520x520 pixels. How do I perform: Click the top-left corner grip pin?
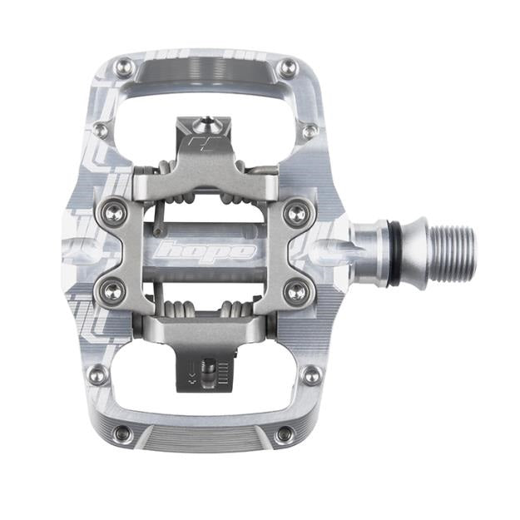point(122,67)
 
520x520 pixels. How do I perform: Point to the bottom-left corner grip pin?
point(122,433)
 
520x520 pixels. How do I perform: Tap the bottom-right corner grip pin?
point(285,433)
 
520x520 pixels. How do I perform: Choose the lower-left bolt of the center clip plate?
point(107,289)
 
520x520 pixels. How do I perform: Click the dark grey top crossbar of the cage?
point(205,75)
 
